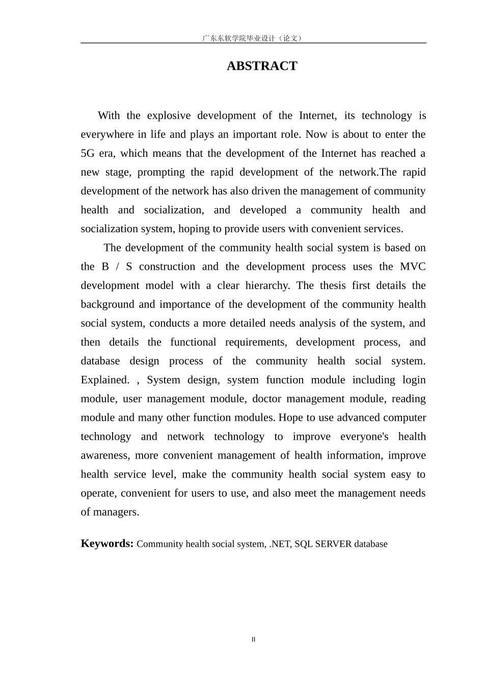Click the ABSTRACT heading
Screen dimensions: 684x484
[262, 66]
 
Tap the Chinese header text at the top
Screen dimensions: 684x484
[253, 38]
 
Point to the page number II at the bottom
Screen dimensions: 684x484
[253, 640]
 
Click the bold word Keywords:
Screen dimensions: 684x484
[107, 544]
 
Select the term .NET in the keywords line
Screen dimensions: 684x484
[280, 544]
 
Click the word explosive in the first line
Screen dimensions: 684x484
[169, 116]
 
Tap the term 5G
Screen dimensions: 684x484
[87, 153]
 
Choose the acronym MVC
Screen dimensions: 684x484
[413, 267]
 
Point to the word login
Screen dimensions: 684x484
[414, 380]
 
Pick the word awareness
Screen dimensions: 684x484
[104, 455]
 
